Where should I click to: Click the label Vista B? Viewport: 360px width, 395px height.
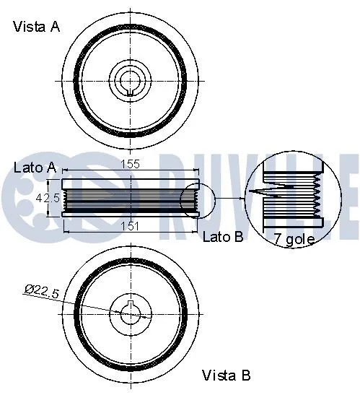(x=226, y=376)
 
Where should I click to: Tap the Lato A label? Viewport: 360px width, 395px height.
(x=35, y=168)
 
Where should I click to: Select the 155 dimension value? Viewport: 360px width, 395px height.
(x=131, y=164)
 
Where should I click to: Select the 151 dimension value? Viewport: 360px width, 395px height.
(x=131, y=226)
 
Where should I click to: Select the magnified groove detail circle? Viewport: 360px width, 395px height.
(x=292, y=197)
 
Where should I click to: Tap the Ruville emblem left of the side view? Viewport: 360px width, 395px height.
(x=22, y=195)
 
